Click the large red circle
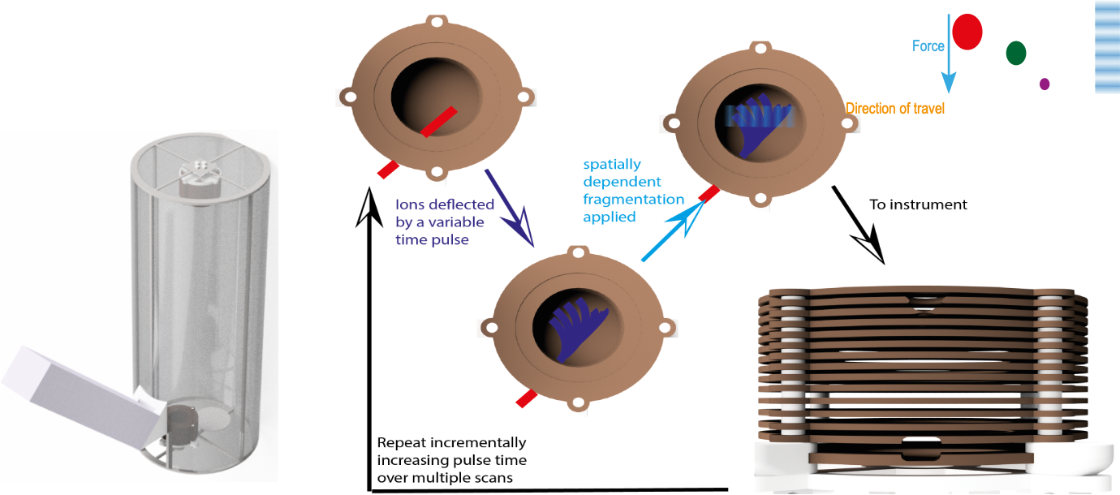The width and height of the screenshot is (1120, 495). coord(967,32)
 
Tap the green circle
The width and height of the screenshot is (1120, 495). coord(1016,54)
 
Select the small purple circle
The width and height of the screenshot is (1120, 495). coord(1045,84)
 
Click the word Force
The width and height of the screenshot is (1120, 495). coord(928,46)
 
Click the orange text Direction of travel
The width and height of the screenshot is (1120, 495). coord(895,108)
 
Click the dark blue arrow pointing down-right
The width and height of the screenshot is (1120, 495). coord(509,206)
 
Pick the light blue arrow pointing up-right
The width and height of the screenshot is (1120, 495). coord(670,231)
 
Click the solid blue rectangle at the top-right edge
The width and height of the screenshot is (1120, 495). coord(1107,46)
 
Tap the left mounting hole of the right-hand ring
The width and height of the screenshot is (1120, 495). coord(672,123)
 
